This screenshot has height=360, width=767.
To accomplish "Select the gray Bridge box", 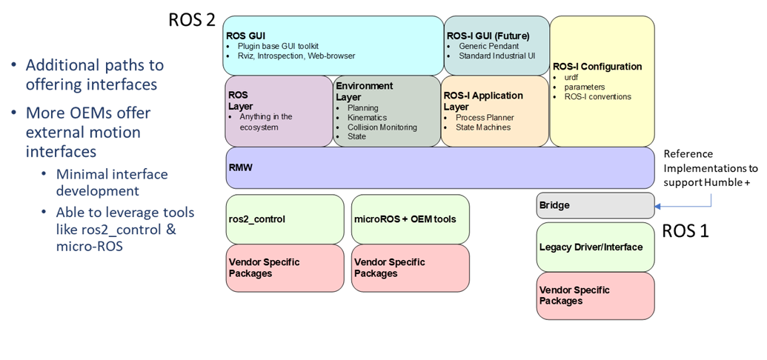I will (595, 205).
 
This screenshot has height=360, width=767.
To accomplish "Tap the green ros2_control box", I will (285, 219).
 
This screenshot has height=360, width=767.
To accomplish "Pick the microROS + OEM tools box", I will (410, 219).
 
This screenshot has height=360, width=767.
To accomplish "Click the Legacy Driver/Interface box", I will (595, 247).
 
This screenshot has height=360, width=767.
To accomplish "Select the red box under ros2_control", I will (285, 267).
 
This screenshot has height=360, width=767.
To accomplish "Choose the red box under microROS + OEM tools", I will (410, 267).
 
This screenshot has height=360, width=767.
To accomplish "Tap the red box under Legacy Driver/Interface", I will (595, 295).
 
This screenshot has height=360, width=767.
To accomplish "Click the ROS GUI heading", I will (245, 35).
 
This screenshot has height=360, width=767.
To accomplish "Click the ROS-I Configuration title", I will (597, 67).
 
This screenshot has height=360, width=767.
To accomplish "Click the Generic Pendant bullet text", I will (489, 45).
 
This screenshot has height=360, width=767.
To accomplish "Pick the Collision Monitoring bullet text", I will (377, 127).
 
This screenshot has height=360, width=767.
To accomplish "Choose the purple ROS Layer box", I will (279, 111).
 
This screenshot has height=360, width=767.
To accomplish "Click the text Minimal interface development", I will (112, 182).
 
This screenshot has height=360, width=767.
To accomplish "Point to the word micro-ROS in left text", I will (89, 246).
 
